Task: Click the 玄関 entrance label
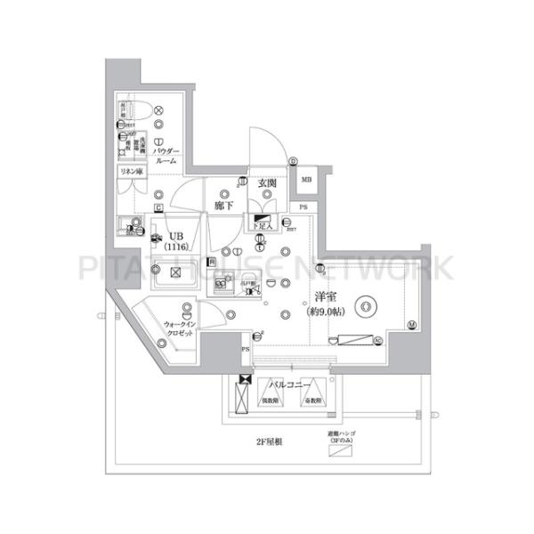pos(267,184)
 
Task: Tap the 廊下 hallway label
pos(222,206)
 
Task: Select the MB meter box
pos(306,181)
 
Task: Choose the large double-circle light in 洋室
pos(365,307)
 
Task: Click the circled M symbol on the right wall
pos(411,325)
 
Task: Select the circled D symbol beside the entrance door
pos(293,161)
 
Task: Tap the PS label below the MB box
pos(303,208)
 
